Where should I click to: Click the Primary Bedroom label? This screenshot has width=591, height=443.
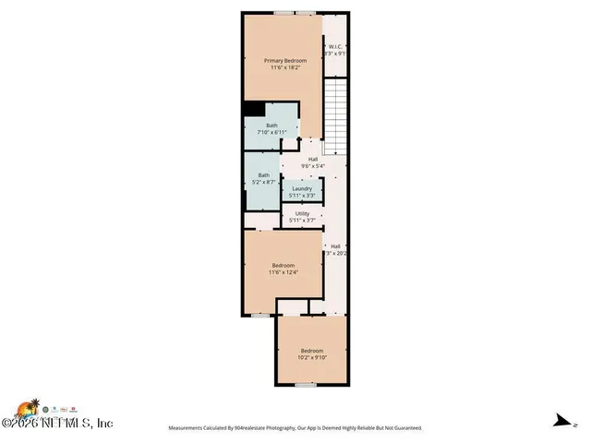(282, 60)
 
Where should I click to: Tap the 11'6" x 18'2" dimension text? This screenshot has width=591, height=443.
(282, 67)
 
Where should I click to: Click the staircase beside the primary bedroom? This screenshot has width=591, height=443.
(335, 116)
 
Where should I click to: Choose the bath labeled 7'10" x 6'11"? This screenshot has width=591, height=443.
(271, 128)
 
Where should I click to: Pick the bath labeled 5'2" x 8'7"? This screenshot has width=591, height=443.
(264, 178)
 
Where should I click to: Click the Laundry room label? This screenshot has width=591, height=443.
(302, 188)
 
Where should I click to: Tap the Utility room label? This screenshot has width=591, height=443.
(302, 213)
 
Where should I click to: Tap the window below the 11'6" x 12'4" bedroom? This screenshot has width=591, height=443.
(261, 315)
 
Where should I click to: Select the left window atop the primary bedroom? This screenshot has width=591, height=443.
(283, 13)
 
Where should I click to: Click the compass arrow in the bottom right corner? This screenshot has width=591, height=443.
(559, 420)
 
